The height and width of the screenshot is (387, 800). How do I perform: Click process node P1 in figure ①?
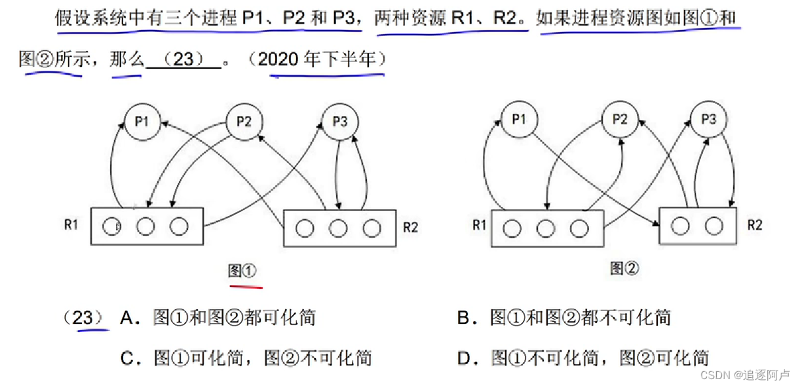click(142, 122)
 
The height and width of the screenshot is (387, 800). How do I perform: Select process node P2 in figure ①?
click(244, 122)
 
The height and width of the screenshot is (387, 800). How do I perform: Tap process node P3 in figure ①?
click(340, 122)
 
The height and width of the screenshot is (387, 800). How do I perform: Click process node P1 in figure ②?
click(519, 120)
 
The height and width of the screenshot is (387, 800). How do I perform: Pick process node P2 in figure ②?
click(620, 120)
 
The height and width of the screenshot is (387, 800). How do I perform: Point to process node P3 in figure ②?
click(708, 120)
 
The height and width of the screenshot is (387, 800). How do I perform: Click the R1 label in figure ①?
click(71, 225)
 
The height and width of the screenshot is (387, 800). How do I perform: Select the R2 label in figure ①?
click(411, 227)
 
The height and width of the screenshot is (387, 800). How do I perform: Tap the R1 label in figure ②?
click(479, 225)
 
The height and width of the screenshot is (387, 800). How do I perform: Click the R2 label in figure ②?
click(755, 225)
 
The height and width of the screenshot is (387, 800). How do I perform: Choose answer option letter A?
click(127, 318)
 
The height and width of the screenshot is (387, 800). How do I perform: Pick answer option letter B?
click(464, 318)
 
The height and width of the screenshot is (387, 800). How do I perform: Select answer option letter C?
click(127, 358)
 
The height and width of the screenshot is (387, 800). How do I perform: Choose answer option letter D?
click(464, 358)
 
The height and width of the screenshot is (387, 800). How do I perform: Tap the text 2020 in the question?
click(280, 60)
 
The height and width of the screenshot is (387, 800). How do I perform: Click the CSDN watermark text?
click(715, 375)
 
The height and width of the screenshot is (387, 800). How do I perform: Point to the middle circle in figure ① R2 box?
click(338, 228)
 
